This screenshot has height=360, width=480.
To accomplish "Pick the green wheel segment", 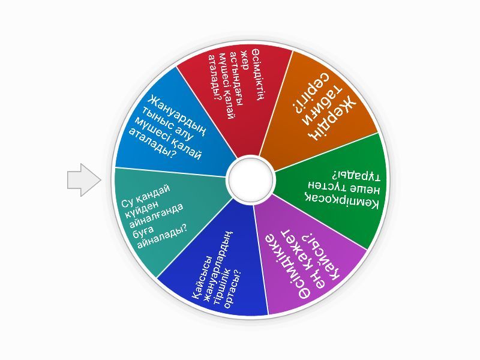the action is [x=334, y=190].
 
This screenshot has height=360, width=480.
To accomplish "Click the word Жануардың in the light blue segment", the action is [x=177, y=116].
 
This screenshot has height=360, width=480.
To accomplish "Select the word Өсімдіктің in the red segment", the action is [x=256, y=74].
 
